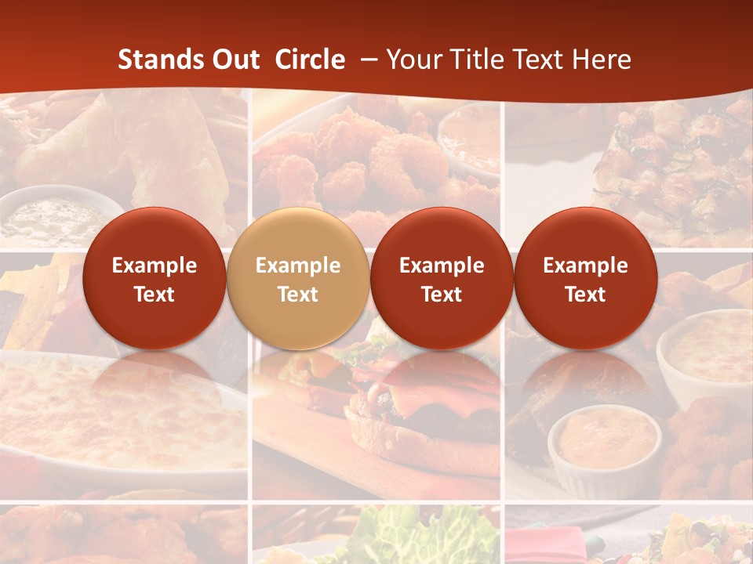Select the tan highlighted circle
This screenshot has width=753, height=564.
[297, 278]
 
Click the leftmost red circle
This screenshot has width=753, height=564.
[154, 278]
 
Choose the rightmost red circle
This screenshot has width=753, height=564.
[585, 278]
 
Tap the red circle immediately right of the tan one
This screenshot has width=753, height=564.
[442, 278]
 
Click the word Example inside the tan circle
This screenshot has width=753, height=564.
[297, 266]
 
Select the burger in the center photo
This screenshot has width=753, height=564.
[416, 407]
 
